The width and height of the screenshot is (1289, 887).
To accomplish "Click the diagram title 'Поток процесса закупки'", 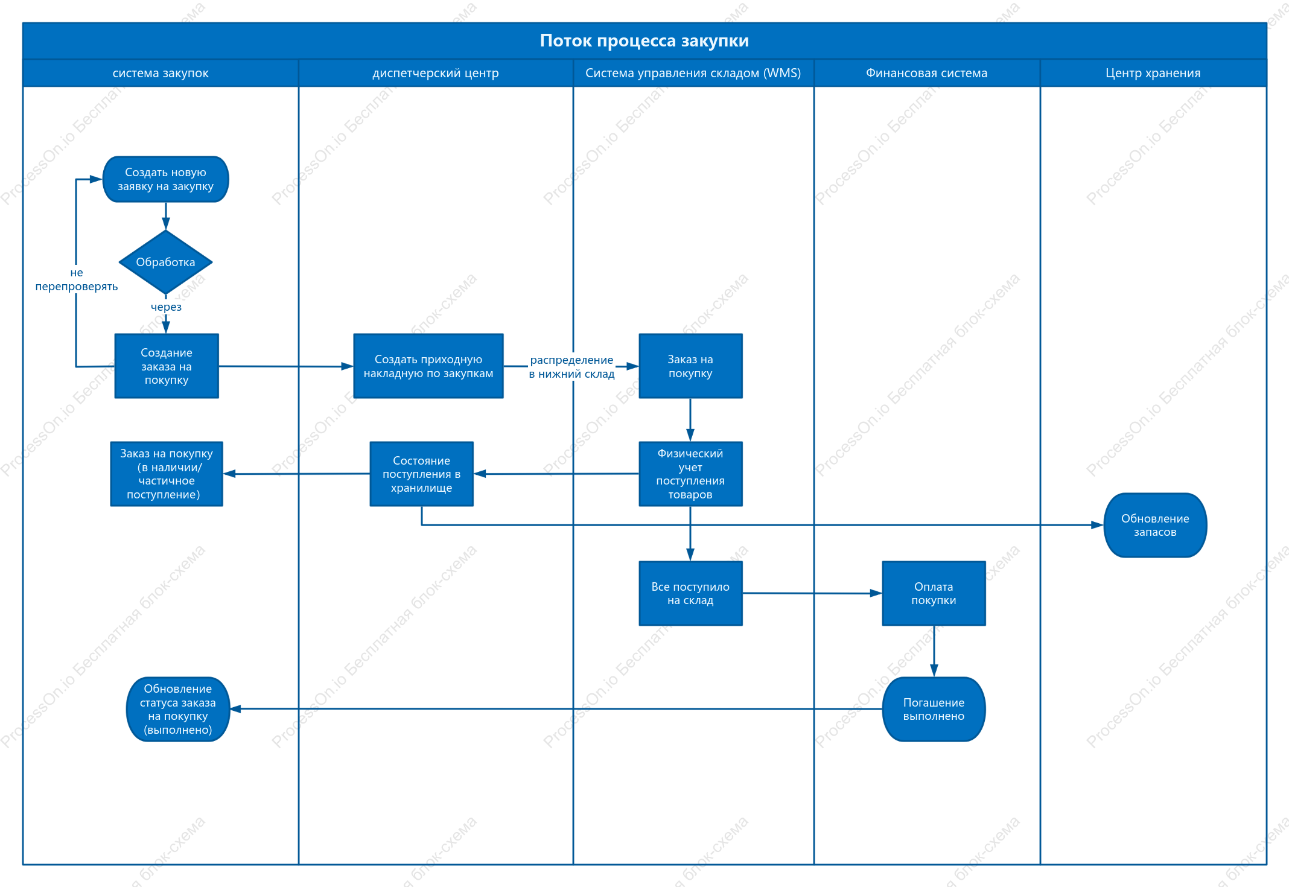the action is click(644, 40).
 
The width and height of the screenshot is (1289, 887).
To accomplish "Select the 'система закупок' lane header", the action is click(161, 73).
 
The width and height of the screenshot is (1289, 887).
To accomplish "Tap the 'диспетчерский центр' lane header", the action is click(436, 73).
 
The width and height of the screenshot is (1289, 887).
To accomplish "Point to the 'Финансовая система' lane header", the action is click(927, 73).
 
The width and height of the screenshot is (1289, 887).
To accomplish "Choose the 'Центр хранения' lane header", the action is click(1153, 73).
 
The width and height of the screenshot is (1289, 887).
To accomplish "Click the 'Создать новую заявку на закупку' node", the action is click(166, 179).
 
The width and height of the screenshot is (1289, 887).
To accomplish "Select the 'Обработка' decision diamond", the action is click(166, 262).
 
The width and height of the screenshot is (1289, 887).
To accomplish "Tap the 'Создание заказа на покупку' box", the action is click(167, 366).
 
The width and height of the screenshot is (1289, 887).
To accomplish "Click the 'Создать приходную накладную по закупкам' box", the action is click(428, 366).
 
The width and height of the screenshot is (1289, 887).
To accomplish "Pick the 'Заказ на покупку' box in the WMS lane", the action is click(690, 366).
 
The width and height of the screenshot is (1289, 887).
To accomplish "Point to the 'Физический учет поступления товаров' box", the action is click(690, 474).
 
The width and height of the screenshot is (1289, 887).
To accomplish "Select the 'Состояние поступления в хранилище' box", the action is click(421, 474).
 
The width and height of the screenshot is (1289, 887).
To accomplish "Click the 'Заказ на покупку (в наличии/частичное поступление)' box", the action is click(167, 474).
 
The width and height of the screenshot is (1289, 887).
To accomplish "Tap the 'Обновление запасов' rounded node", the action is click(1155, 525).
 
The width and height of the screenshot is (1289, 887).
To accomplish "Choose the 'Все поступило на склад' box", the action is click(690, 593).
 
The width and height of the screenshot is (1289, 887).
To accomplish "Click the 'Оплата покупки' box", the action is click(934, 593).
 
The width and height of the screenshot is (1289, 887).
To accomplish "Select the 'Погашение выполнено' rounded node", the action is click(934, 709).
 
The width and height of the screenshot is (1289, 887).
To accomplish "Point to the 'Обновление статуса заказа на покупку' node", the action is click(178, 709).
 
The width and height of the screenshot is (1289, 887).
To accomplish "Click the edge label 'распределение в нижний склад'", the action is click(571, 367).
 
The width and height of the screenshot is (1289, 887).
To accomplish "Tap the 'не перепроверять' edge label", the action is click(77, 279).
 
